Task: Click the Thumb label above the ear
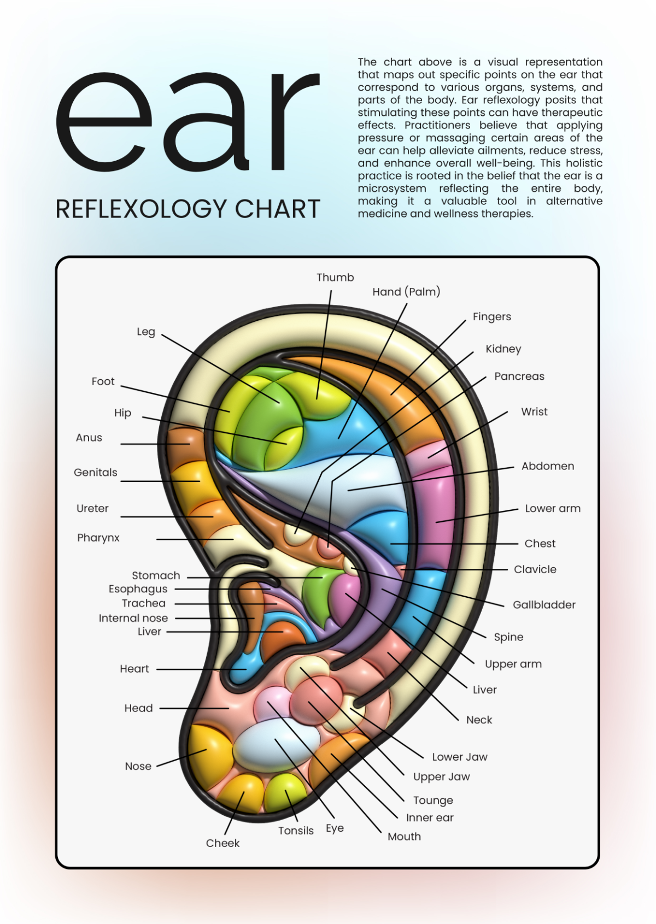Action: pyautogui.click(x=335, y=278)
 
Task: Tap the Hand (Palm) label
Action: pyautogui.click(x=406, y=292)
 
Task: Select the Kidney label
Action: pyautogui.click(x=503, y=349)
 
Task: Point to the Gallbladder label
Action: pyautogui.click(x=544, y=605)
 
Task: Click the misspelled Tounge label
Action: pyautogui.click(x=433, y=801)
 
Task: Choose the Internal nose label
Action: pyautogui.click(x=133, y=618)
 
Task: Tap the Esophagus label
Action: pyautogui.click(x=138, y=589)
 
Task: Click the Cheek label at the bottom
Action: pyautogui.click(x=222, y=843)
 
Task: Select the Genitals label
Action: pyautogui.click(x=96, y=473)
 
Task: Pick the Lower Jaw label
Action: pyautogui.click(x=459, y=757)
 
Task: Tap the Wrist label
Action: pyautogui.click(x=534, y=412)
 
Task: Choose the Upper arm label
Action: pyautogui.click(x=513, y=664)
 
